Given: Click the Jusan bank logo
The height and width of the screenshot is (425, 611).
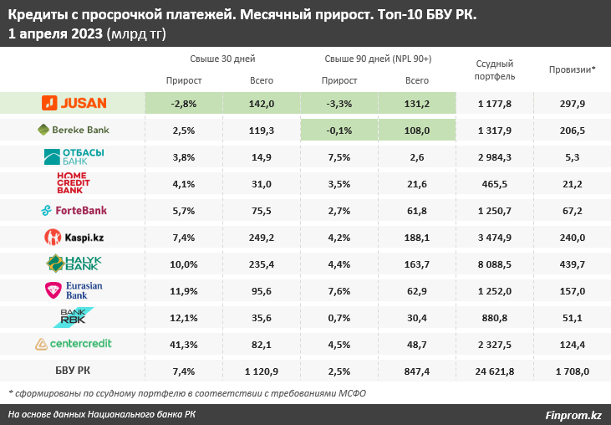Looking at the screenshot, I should pyautogui.click(x=74, y=103).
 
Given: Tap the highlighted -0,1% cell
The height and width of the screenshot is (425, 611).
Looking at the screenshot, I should pyautogui.click(x=339, y=131).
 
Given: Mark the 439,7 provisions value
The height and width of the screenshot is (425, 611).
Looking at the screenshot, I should pyautogui.click(x=573, y=264).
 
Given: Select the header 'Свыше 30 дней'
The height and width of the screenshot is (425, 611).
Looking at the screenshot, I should pyautogui.click(x=222, y=59).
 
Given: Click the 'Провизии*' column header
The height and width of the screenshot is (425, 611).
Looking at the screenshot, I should pyautogui.click(x=573, y=70).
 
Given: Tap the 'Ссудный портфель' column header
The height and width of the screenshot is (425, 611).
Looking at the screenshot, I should pyautogui.click(x=495, y=70).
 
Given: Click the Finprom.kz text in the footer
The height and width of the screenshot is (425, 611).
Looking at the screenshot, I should pyautogui.click(x=573, y=414).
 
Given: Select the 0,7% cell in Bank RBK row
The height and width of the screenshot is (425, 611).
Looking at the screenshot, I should pyautogui.click(x=339, y=317).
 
